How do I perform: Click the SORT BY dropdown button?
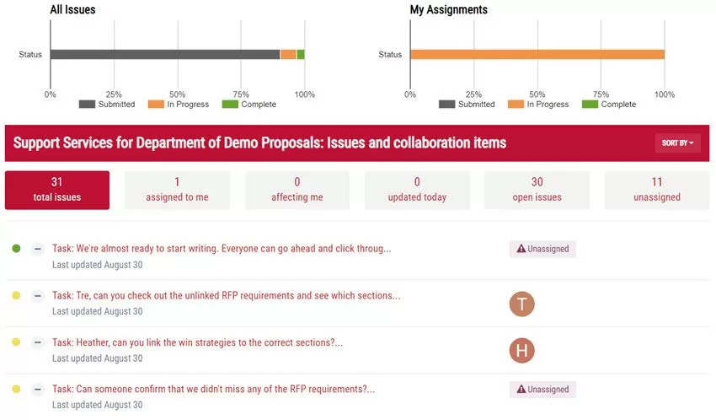tap(677, 143)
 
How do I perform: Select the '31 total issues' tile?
tap(56, 190)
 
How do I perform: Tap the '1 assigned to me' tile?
tap(177, 190)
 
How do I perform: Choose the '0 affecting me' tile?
tap(297, 190)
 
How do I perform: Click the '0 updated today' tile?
tap(417, 190)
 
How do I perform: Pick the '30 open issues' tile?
tap(537, 190)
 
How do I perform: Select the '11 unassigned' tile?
tap(657, 190)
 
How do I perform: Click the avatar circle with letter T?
tap(522, 304)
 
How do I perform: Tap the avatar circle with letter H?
tap(522, 351)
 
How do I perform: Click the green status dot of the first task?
tap(16, 249)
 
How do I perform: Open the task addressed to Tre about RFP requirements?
tap(226, 295)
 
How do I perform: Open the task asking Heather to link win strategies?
tap(197, 342)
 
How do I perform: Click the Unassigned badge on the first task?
tap(542, 249)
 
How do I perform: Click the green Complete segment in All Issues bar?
tap(301, 55)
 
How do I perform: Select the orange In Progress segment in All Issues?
tap(288, 55)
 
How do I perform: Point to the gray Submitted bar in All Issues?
tap(165, 55)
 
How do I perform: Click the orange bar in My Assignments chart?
tap(537, 55)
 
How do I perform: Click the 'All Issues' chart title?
tap(72, 10)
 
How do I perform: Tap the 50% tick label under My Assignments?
tap(537, 94)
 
